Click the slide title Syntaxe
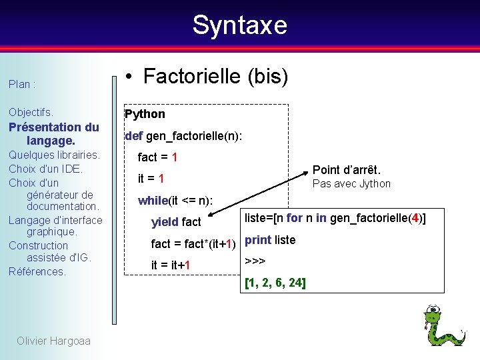239,25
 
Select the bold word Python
145,114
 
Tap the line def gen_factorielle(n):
183,136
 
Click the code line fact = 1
157,157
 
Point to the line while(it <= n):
175,200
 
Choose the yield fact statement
176,222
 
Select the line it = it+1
171,265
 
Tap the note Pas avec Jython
351,184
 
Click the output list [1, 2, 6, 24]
275,283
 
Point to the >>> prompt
255,261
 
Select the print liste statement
270,240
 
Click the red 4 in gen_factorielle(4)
415,218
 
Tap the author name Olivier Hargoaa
53,341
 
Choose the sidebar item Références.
37,271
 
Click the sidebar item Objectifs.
31,113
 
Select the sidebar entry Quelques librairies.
54,155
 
